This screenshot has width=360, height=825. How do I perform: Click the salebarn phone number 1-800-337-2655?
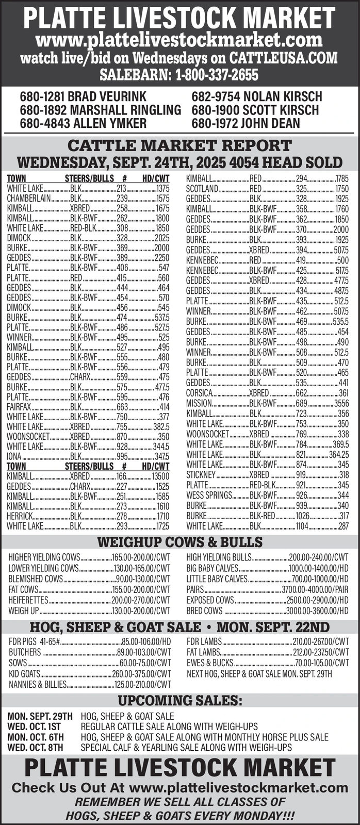[x=216, y=75]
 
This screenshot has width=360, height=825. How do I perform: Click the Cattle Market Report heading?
[x=179, y=145]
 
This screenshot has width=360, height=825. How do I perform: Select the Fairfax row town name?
[x=19, y=407]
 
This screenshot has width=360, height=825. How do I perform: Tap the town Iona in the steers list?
[x=14, y=456]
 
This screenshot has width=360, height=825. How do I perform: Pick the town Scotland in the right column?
[x=199, y=189]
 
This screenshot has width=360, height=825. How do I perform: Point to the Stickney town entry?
[x=201, y=474]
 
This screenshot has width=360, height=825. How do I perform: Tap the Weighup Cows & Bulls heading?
[x=179, y=542]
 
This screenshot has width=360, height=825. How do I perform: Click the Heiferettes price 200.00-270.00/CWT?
[x=140, y=600]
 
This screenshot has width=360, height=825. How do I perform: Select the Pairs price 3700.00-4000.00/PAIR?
[x=315, y=589]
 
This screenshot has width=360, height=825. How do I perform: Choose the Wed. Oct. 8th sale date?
[x=36, y=747]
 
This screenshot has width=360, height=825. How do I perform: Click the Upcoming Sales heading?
[x=179, y=701]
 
